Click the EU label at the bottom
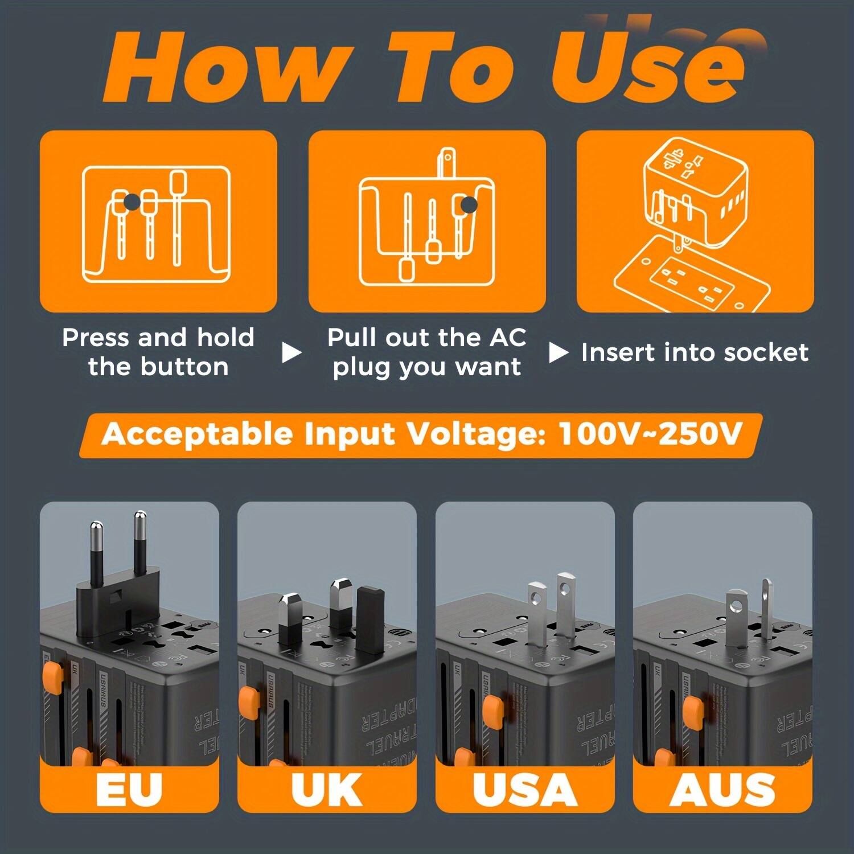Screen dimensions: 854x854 pos(129,790)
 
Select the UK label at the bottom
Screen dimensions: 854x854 pos(326,790)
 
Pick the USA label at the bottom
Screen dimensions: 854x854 pos(524,790)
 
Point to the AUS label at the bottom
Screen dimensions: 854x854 pos(722,790)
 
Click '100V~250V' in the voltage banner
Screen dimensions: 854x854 pos(650,434)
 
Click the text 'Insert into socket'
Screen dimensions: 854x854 pos(695,352)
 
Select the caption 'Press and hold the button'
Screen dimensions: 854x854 pos(158,352)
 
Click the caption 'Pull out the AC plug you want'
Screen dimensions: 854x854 pos(426,352)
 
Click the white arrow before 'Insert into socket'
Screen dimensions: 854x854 pos(558,353)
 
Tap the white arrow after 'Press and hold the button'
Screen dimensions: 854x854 pos(291,353)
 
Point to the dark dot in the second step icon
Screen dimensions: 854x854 pos(469,206)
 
